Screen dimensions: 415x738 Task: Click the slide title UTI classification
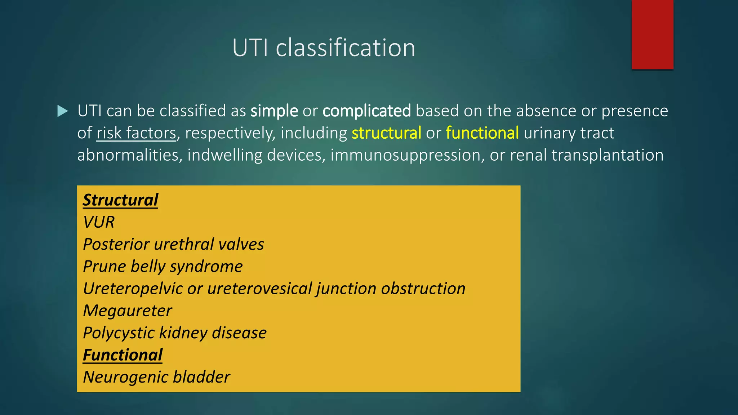pos(324,48)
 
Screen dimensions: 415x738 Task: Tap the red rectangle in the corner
pos(652,34)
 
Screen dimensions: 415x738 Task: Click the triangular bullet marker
pos(63,111)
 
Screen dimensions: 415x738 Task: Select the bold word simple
pos(274,111)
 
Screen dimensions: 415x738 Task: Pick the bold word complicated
pos(366,111)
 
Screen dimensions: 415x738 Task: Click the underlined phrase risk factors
pos(136,133)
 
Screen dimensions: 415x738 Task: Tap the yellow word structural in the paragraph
pos(386,133)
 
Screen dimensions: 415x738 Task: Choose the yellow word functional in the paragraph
pos(482,133)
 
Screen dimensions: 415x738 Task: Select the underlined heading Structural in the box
pos(120,200)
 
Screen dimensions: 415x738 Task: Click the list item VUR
pos(99,222)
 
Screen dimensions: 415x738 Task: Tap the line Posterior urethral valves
pos(173,244)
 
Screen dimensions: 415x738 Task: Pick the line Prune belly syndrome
pos(163,267)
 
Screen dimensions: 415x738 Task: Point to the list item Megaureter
pos(128,311)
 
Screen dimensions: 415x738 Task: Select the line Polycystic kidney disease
pos(175,333)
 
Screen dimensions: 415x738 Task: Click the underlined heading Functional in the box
pos(123,355)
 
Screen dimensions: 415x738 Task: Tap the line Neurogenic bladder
pos(156,377)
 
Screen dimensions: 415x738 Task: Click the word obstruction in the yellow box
pos(423,289)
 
